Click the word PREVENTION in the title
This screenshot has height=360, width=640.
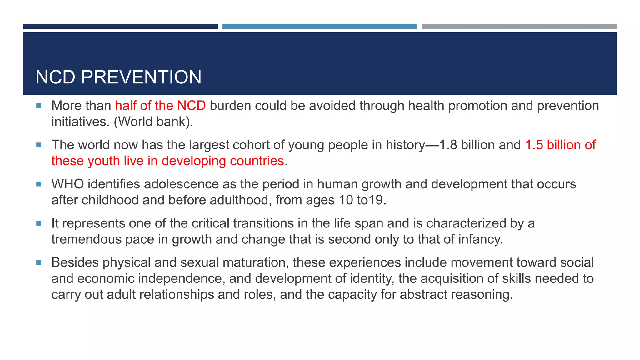[x=141, y=77]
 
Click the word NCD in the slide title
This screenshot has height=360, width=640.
[x=55, y=77]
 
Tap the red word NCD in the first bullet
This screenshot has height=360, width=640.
[x=191, y=106]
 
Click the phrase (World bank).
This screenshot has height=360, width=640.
[x=153, y=122]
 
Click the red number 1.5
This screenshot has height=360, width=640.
[x=534, y=145]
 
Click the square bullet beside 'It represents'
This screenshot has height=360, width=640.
[x=39, y=223]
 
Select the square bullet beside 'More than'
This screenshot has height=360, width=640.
[x=39, y=106]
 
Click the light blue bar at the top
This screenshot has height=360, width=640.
[x=319, y=27]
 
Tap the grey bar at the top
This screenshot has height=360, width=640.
[x=519, y=27]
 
